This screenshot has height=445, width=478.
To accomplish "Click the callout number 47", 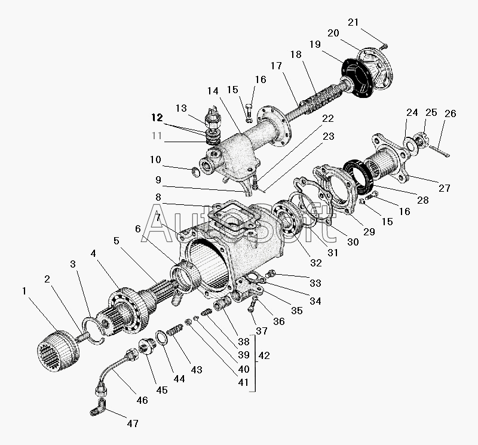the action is point(133,423).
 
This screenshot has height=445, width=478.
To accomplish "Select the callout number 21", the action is point(353,22).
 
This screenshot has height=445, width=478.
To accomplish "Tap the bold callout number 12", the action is point(157,118).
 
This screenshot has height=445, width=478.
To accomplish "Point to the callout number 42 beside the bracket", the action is point(264,355).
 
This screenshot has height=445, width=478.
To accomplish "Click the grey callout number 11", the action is point(157,136).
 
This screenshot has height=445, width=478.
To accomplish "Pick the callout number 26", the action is point(451,113).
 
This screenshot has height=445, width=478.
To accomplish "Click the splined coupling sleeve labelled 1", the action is point(58,351).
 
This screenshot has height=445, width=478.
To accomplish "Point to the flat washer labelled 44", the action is point(161,337).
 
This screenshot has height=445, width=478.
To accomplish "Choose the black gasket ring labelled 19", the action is point(357,78).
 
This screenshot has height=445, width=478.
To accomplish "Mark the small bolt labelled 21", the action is point(385,47).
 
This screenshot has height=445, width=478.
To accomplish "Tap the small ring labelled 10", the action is point(195,173).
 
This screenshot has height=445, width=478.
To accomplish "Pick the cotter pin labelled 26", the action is point(439,151).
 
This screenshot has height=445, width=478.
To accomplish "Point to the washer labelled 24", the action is point(409,146).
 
